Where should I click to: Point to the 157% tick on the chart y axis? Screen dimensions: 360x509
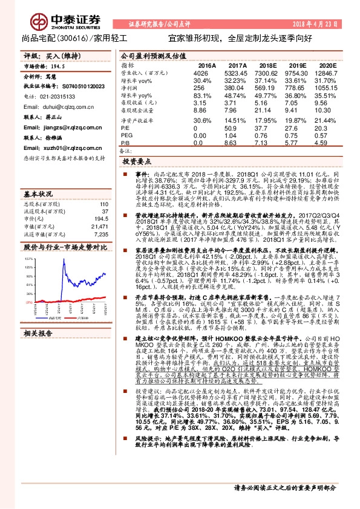click(x=28, y=258)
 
